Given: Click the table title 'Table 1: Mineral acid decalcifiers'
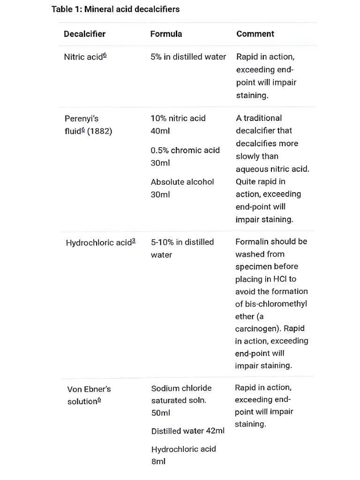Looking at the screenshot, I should coord(115,9).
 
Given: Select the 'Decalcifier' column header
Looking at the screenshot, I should coord(84,34).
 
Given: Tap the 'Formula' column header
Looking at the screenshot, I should coord(166,34).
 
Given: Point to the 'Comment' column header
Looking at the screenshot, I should coord(255,34).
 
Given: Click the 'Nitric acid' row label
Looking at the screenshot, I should coord(83,57).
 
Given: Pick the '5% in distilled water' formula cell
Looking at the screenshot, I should coord(188,57).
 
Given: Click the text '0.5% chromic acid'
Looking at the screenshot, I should coord(185,150).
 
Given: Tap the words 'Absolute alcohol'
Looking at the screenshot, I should coord(182,182).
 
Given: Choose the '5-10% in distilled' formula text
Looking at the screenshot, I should coord(182,242).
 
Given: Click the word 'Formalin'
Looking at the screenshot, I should coord(252,241).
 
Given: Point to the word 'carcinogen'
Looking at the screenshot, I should coord(257,329).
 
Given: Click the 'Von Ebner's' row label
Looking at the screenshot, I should coord(89,389).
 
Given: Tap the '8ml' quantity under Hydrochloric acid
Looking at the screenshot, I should coord(158,462).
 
